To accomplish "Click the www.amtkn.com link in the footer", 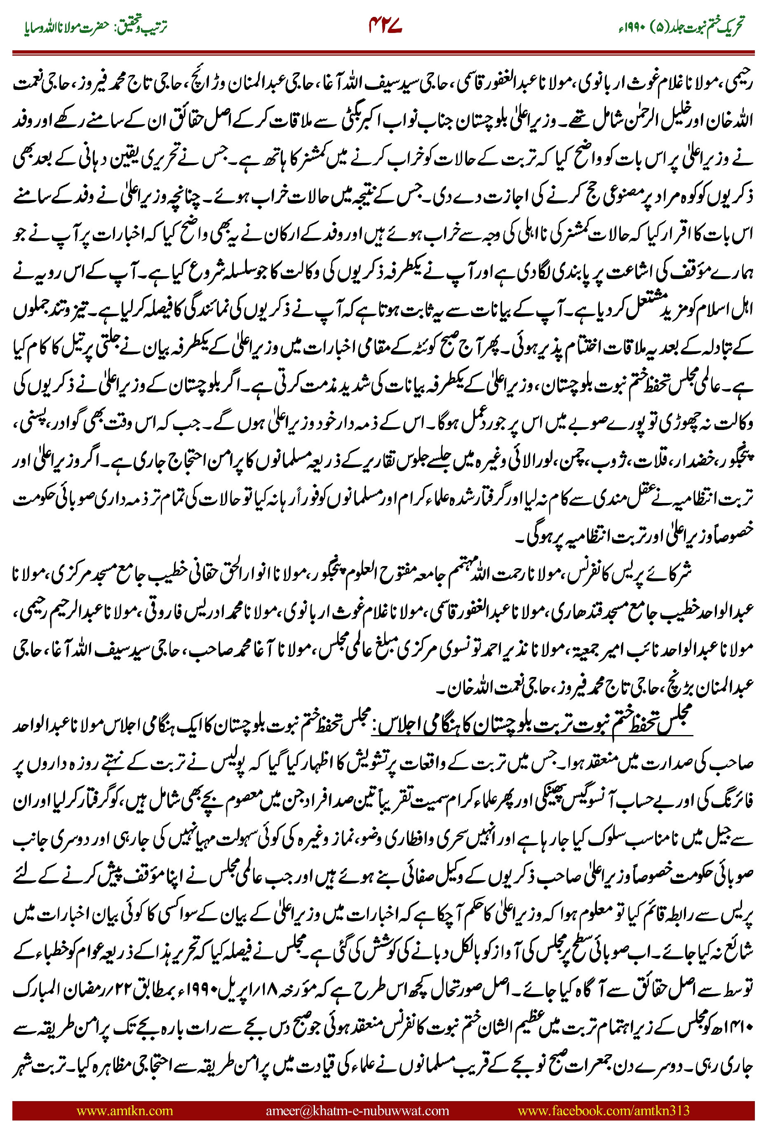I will pyautogui.click(x=125, y=1110).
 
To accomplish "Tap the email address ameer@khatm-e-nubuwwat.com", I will pyautogui.click(x=357, y=1110).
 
